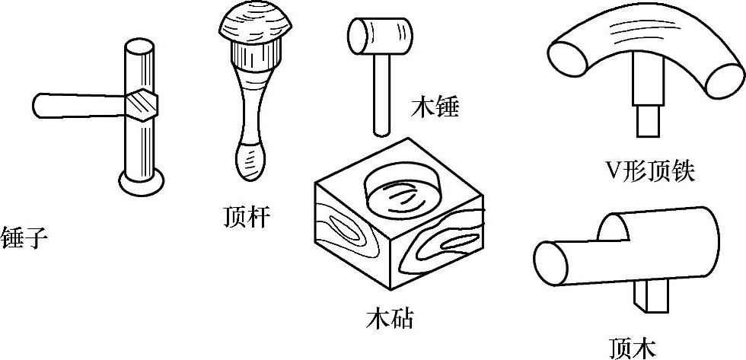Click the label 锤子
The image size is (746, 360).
click(x=24, y=238)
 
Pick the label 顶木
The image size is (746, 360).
click(x=633, y=346)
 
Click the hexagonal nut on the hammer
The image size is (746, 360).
click(x=142, y=104)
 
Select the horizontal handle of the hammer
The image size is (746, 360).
click(x=76, y=105)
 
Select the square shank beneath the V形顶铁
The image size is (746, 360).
click(x=647, y=119)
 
